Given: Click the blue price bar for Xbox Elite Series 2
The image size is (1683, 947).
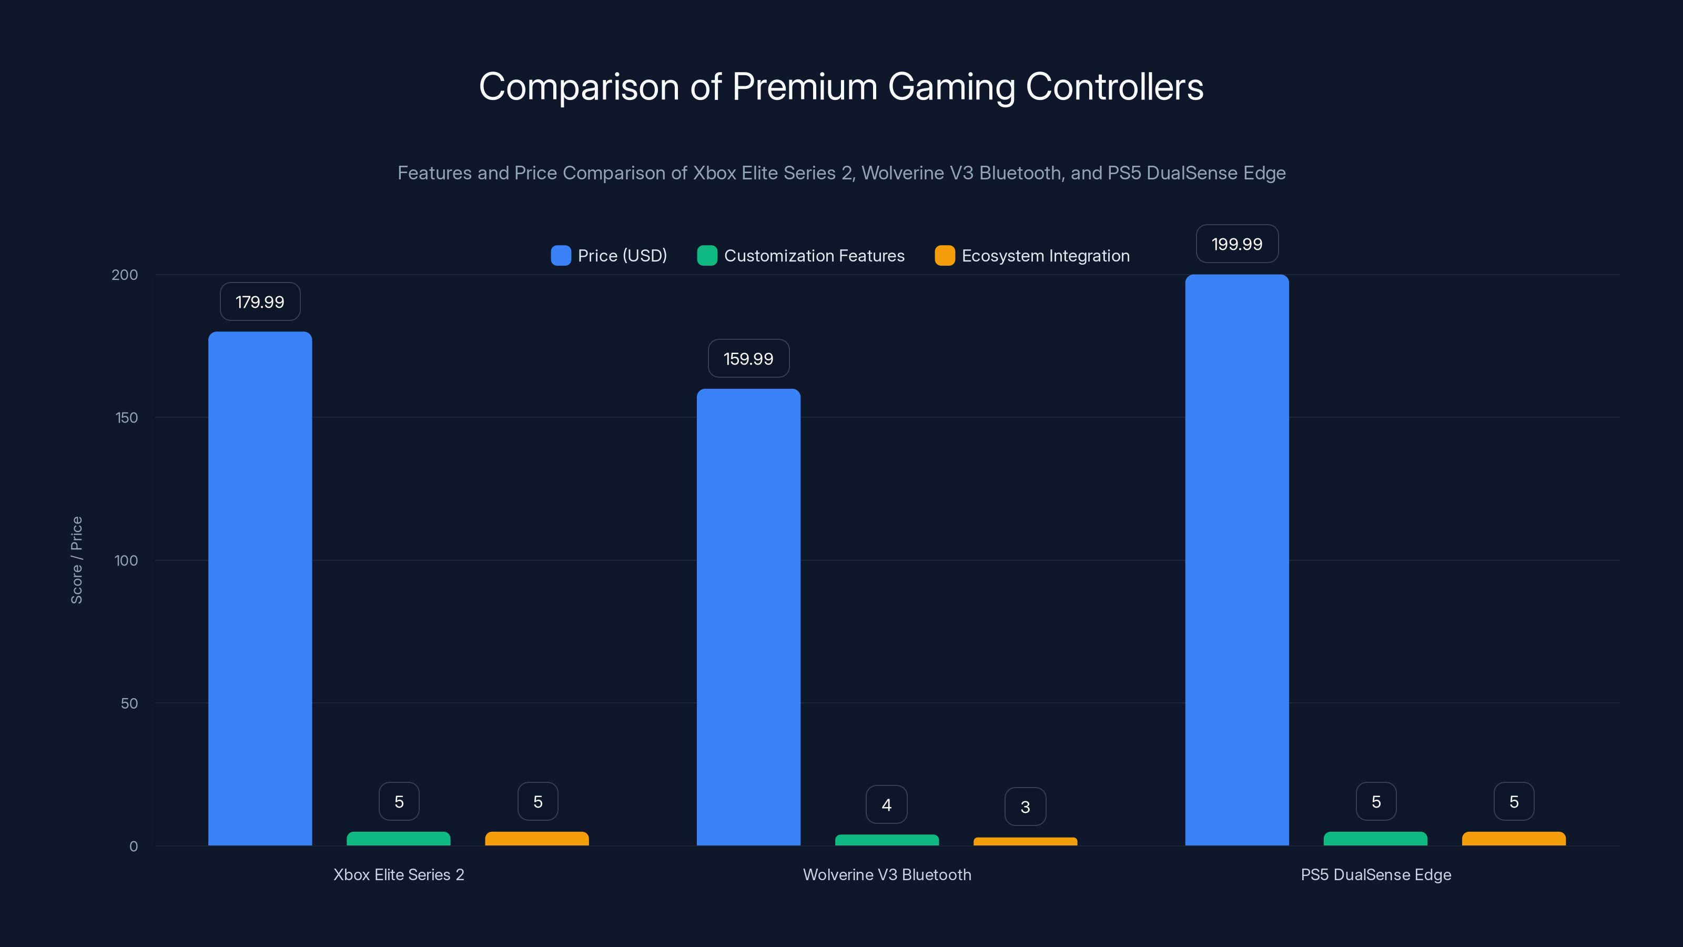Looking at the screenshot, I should (x=260, y=588).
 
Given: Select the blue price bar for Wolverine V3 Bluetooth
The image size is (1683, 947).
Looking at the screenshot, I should (x=748, y=618).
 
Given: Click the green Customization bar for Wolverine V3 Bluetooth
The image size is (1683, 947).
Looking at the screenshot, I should (x=887, y=840).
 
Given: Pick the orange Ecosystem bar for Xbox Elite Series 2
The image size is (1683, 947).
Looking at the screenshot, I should (x=536, y=839).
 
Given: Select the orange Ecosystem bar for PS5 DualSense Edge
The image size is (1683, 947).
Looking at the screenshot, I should (x=1514, y=839).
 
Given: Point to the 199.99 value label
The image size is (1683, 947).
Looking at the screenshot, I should (x=1237, y=244).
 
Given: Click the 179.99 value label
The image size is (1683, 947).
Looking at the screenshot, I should (x=260, y=301).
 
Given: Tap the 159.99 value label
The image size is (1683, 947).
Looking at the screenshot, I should (x=748, y=358).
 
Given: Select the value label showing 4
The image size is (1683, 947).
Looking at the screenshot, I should (x=887, y=804).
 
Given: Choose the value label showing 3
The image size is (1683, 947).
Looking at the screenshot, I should (x=1025, y=807).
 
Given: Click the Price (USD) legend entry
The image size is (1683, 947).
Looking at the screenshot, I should (x=609, y=256).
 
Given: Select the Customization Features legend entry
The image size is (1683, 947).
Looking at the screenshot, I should (x=801, y=256).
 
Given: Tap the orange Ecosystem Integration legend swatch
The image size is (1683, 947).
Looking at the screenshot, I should (x=945, y=256).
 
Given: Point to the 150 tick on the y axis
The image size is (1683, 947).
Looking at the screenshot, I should (x=127, y=418).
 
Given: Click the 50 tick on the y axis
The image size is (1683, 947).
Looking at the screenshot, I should (x=129, y=703).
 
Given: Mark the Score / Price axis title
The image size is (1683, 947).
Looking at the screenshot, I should (x=76, y=560).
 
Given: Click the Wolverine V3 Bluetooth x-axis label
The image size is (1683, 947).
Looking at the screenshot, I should (x=887, y=874).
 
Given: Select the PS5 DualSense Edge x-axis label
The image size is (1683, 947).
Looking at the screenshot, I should (x=1375, y=874).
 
